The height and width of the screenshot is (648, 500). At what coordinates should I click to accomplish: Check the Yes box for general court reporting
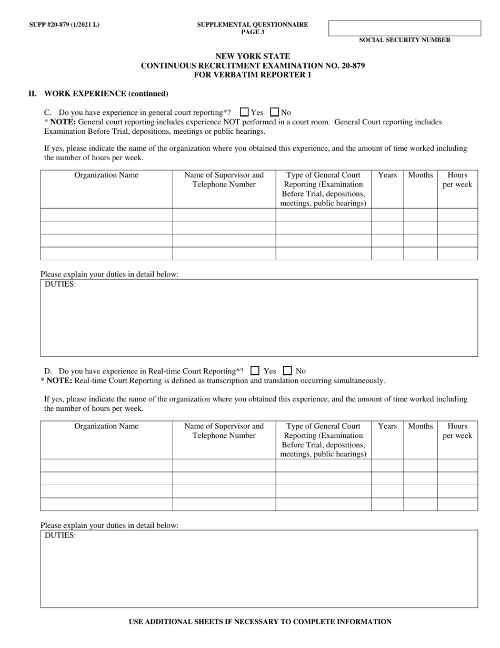[244, 112]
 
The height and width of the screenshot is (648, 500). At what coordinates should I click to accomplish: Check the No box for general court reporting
[274, 112]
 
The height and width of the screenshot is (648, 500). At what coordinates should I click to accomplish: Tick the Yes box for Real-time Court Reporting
[255, 371]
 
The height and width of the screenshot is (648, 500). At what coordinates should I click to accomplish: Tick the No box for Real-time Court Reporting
[288, 371]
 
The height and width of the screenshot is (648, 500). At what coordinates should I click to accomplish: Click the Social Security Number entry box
[404, 28]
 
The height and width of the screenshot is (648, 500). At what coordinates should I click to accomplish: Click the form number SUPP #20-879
[64, 25]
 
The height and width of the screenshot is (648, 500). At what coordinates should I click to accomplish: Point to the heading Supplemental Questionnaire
[253, 25]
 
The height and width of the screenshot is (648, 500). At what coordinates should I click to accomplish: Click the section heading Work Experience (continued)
[106, 94]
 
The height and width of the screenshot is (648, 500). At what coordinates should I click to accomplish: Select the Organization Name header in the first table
[106, 175]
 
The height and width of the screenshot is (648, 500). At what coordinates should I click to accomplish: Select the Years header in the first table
[387, 175]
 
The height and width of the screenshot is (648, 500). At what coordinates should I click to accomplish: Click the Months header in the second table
[420, 426]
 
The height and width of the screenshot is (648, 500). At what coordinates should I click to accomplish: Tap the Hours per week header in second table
[457, 431]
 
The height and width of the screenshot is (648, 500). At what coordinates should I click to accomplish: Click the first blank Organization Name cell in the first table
[106, 214]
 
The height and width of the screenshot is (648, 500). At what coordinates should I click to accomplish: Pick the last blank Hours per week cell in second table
[457, 504]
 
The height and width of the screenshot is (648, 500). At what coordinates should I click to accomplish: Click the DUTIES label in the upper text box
[60, 284]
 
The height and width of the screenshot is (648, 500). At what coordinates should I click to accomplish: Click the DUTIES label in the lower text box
[60, 535]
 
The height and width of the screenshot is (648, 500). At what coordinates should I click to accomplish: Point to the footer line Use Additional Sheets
[260, 622]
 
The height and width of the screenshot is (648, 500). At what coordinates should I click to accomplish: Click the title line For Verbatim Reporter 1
[253, 75]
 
